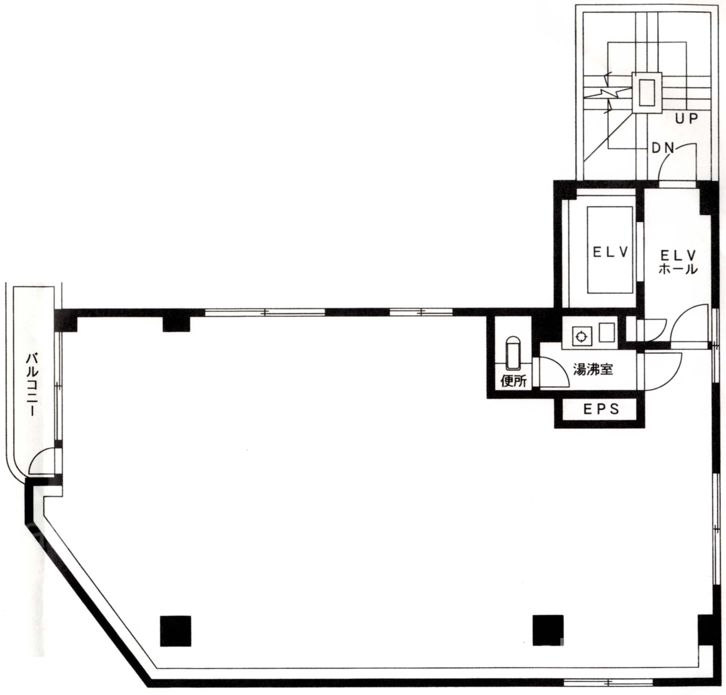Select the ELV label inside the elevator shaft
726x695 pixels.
tap(610, 253)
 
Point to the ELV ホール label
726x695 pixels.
tap(679, 262)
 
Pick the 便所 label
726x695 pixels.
tap(513, 382)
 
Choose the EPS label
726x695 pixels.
tap(601, 409)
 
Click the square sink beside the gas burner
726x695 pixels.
tap(607, 332)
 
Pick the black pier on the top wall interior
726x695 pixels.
tap(177, 324)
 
